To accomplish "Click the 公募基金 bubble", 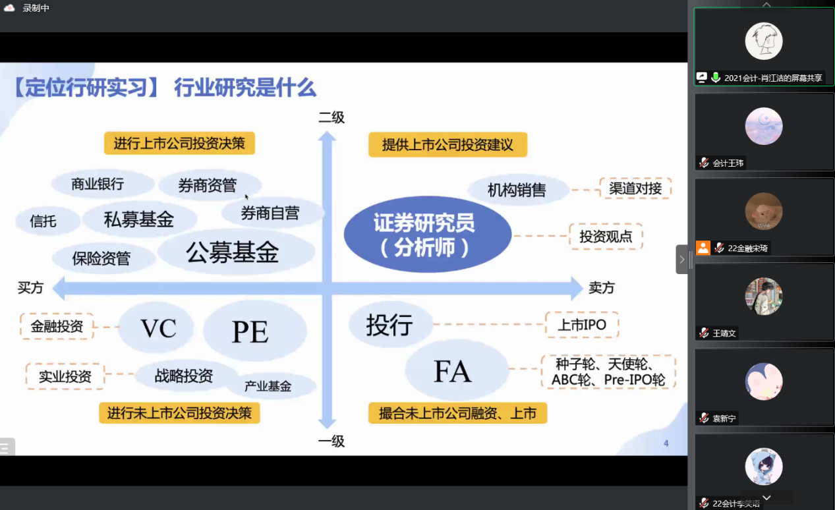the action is [x=236, y=252].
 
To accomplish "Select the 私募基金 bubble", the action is [x=139, y=219].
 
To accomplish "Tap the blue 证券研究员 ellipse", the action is [x=428, y=235].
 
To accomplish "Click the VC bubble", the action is [x=157, y=327].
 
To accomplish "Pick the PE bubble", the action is [x=255, y=331].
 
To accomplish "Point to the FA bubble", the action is [x=457, y=370].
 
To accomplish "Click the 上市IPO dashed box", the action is [x=582, y=325].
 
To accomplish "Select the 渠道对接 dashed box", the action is [x=635, y=188].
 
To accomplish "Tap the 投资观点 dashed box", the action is [x=606, y=236].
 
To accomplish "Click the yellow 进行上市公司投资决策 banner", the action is [x=179, y=143].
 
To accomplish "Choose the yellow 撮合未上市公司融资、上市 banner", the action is [x=458, y=413].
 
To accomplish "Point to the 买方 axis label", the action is [x=30, y=288].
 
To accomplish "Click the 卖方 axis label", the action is [x=601, y=288].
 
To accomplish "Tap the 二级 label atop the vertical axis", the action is [x=331, y=117].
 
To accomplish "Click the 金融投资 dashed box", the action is [x=57, y=326].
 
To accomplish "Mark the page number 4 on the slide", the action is [x=666, y=443].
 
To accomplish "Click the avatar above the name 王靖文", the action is [x=763, y=297].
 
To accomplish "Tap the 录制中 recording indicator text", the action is [x=36, y=8].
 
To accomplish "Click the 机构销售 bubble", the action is [x=518, y=190].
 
